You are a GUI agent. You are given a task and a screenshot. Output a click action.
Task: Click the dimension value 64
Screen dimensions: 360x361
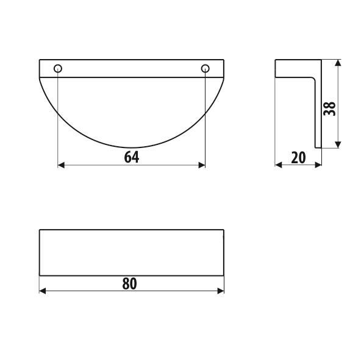coord(131,157)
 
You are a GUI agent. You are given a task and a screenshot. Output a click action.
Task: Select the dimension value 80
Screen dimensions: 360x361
coord(129,283)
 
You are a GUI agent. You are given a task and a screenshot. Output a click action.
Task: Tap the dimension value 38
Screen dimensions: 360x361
coord(330,109)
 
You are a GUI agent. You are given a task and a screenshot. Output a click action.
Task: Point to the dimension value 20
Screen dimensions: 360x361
coord(298,158)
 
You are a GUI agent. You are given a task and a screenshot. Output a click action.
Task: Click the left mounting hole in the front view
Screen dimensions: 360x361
coord(58,68)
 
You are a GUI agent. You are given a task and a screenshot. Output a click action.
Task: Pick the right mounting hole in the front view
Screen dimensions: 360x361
coord(205,68)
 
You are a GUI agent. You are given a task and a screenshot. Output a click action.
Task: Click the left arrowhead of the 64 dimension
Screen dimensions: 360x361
coord(61,164)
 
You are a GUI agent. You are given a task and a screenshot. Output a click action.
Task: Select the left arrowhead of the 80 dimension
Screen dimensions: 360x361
coord(43,291)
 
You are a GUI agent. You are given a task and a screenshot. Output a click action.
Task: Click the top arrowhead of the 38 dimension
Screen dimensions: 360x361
coord(338,63)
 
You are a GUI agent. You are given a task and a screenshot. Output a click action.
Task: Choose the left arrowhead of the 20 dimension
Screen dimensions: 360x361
coord(279,164)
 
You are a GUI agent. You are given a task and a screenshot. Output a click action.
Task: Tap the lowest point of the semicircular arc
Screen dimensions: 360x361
coord(132,148)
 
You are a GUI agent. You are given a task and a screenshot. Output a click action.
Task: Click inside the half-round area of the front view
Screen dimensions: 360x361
coord(131,110)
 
